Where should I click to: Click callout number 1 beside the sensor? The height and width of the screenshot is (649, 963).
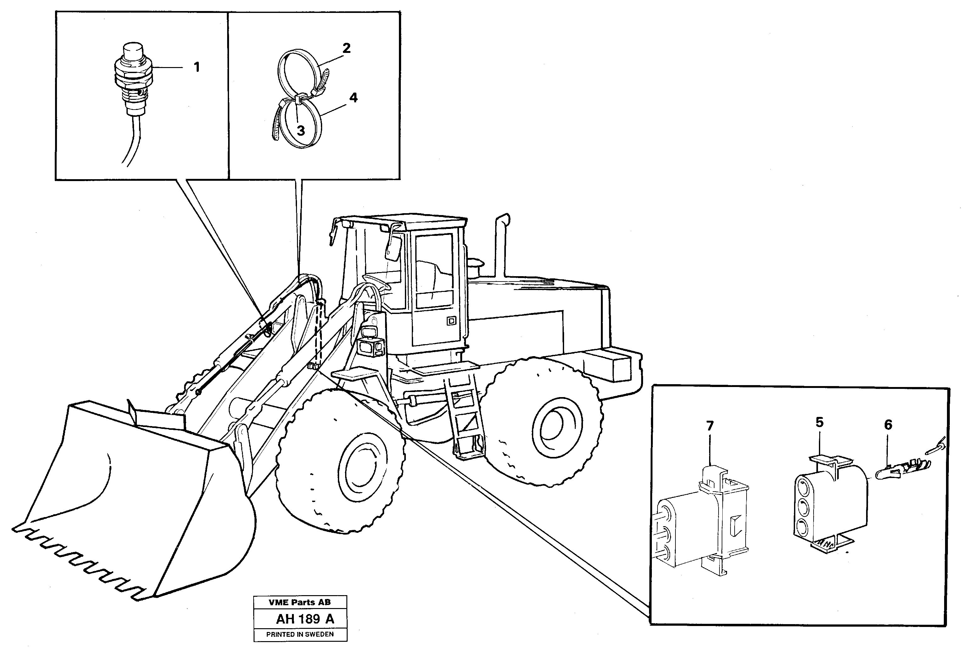pyautogui.click(x=197, y=67)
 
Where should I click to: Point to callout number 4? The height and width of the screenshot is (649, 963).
pyautogui.click(x=353, y=98)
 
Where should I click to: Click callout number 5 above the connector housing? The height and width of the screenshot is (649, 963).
pyautogui.click(x=819, y=422)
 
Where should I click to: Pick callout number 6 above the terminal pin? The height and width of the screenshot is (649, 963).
pyautogui.click(x=888, y=425)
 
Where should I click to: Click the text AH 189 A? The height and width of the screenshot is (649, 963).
pyautogui.click(x=305, y=619)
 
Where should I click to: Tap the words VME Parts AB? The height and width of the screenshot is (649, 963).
pyautogui.click(x=300, y=602)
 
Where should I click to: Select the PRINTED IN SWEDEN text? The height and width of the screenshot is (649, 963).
pyautogui.click(x=300, y=634)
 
